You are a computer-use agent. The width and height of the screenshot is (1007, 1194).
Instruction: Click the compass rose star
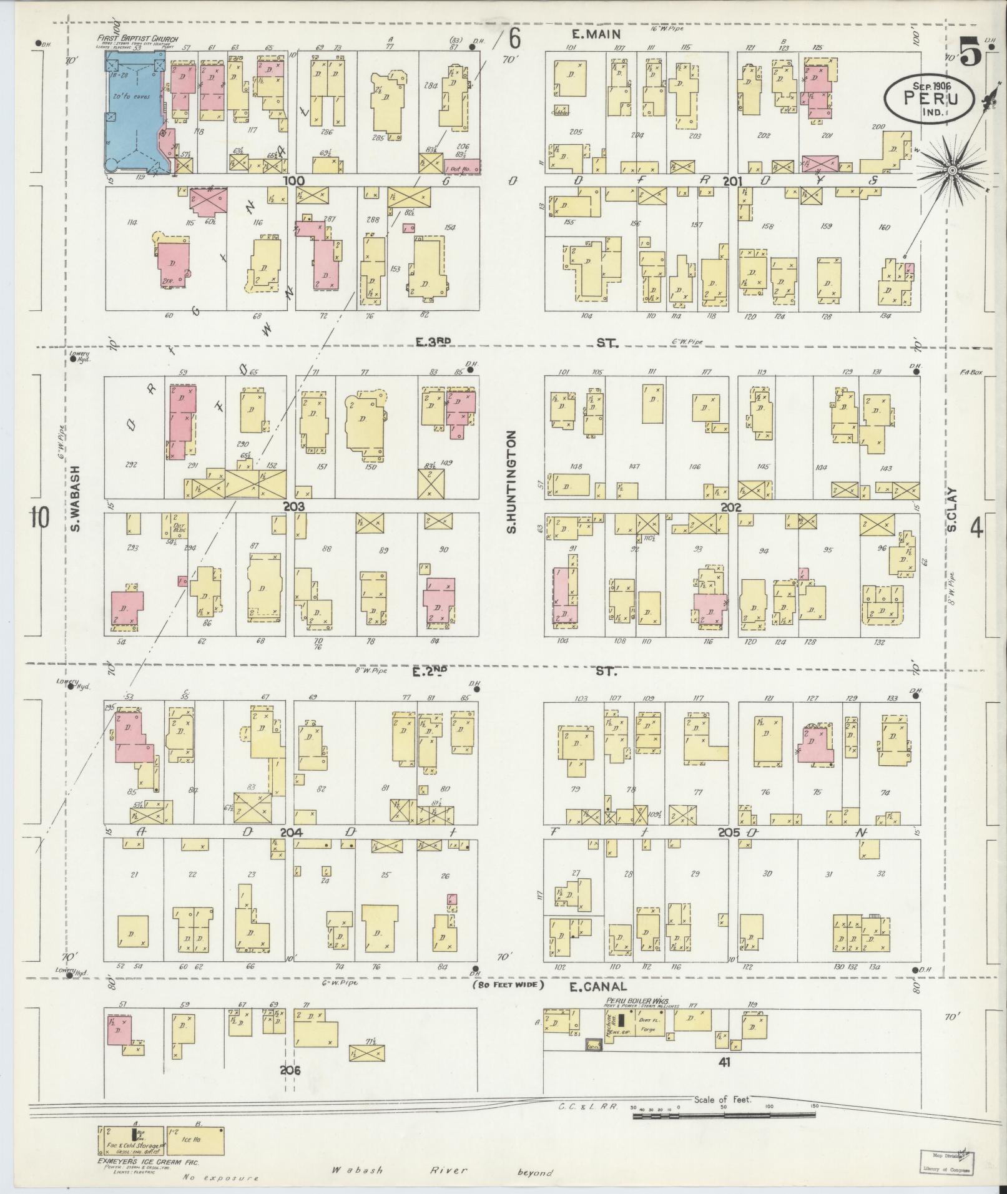[953, 170]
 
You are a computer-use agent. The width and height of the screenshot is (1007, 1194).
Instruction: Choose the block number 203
[293, 506]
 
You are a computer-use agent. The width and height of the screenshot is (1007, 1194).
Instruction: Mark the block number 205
[729, 833]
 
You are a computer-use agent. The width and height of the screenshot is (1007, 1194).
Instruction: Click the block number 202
[730, 507]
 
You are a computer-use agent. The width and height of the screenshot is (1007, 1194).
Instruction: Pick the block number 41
[724, 1062]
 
